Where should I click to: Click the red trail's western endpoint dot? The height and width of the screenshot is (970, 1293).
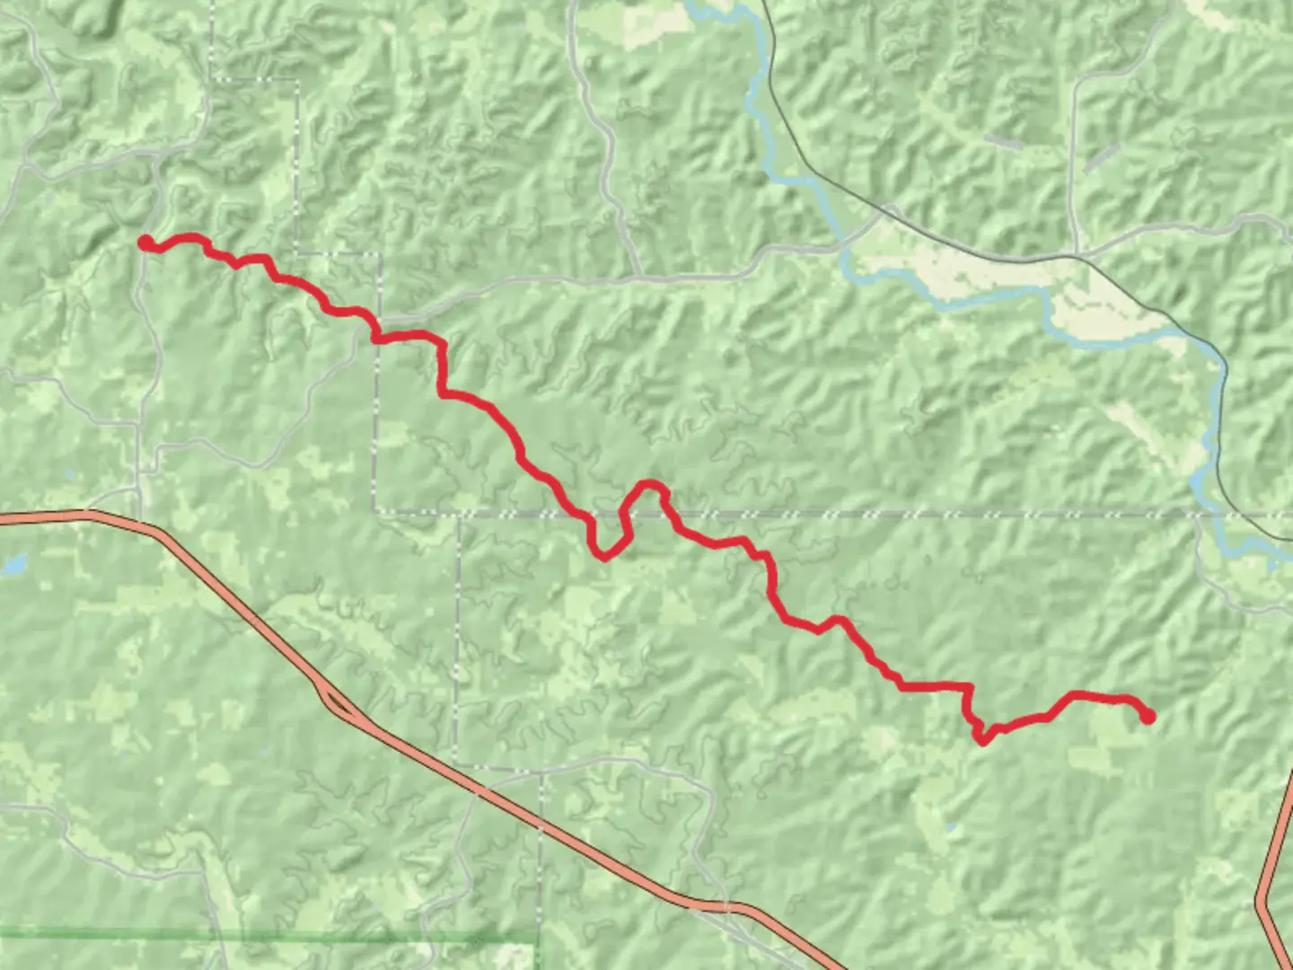pyautogui.click(x=145, y=242)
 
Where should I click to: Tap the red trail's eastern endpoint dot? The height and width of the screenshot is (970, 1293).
pyautogui.click(x=1148, y=717)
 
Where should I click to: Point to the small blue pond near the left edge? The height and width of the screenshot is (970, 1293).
pyautogui.click(x=13, y=565)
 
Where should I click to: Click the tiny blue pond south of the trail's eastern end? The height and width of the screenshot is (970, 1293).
pyautogui.click(x=951, y=826)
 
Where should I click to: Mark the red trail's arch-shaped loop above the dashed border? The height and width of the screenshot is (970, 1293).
pyautogui.click(x=649, y=489)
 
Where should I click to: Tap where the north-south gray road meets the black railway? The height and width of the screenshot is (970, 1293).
pyautogui.click(x=1078, y=257)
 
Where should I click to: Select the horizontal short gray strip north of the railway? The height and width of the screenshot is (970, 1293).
pyautogui.click(x=1003, y=141)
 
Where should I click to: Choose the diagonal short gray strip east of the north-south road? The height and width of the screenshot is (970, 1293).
pyautogui.click(x=1101, y=158)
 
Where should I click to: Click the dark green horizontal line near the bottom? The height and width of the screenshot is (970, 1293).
pyautogui.click(x=269, y=936)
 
